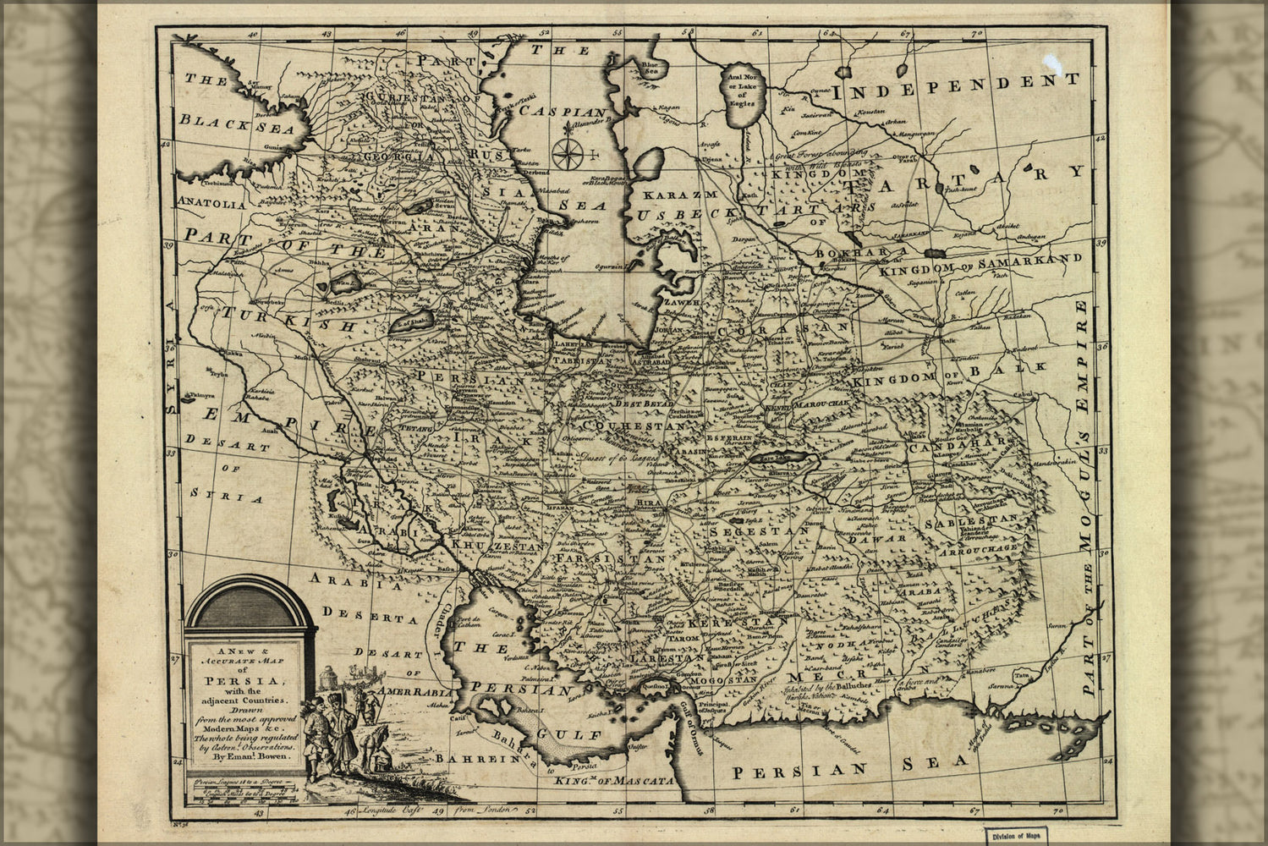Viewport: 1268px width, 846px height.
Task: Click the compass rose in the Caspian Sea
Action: (x=568, y=153)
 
